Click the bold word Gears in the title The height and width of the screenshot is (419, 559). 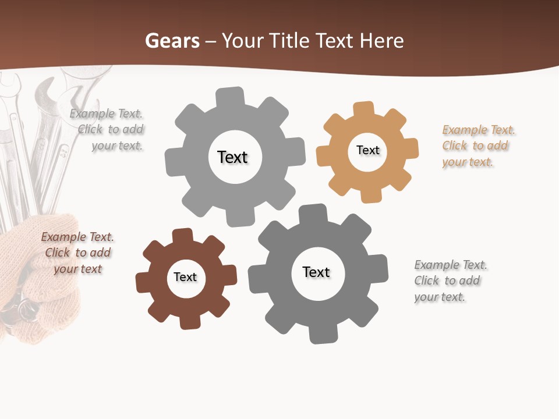point(172,41)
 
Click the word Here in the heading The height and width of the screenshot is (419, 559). point(381,41)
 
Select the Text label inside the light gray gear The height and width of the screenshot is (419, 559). point(232,157)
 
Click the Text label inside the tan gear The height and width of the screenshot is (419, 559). point(367,150)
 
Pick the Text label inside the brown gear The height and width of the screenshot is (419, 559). point(185,277)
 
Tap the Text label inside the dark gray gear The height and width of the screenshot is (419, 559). point(316,272)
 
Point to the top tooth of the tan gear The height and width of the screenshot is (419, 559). point(363,109)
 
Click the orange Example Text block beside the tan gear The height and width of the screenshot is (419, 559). point(478,146)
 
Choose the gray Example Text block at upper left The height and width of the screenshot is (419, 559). point(111,130)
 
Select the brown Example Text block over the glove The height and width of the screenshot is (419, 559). point(77,253)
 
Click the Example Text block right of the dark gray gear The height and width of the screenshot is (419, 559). point(450,281)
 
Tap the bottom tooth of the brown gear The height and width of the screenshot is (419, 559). point(190,321)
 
